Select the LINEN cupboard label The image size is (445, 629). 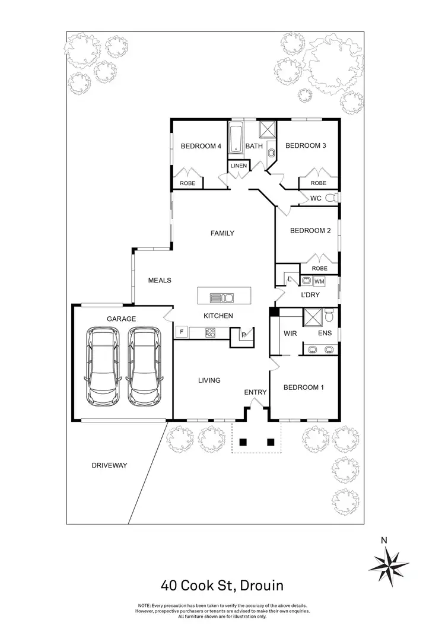tap(239, 166)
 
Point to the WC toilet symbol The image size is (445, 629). tap(336, 198)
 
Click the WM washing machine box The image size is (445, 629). tap(319, 281)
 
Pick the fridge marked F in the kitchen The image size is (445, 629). tap(180, 331)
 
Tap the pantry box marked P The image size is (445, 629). tap(244, 335)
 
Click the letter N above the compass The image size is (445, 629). tap(384, 540)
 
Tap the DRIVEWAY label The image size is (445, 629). tap(110, 466)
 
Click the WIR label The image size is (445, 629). tap(290, 334)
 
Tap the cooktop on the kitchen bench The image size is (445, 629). tap(210, 332)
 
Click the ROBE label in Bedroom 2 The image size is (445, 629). tap(319, 268)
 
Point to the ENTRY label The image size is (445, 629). tap(255, 392)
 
